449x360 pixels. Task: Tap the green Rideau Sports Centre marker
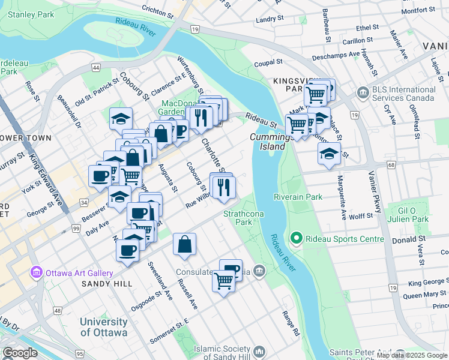tap(295, 239)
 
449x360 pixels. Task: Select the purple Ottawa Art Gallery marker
tap(37, 272)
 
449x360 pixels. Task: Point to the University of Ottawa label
tap(104, 327)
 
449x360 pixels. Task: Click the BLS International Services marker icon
tap(362, 92)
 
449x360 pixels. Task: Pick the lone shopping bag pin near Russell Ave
tap(184, 244)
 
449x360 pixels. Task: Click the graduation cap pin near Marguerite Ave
tap(329, 154)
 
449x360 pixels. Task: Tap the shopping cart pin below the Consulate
tap(223, 280)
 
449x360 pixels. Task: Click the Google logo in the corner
tap(20, 353)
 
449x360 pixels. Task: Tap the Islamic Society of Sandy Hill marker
tap(260, 350)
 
